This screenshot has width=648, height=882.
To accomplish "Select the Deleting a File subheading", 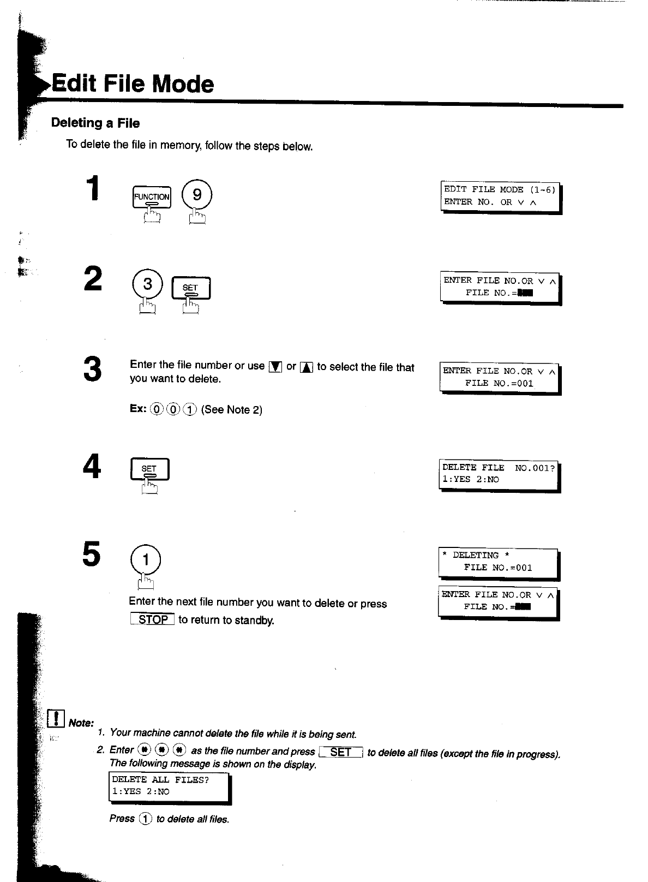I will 95,123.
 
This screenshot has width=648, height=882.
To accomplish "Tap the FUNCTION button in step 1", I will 152,197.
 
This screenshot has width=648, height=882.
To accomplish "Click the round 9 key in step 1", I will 197,195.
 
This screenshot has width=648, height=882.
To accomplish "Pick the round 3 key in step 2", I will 147,285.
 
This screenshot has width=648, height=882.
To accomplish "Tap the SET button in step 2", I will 191,288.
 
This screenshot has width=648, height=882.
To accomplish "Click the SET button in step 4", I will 149,469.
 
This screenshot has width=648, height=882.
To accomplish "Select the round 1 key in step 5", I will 146,559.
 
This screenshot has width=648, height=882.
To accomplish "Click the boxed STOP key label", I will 153,619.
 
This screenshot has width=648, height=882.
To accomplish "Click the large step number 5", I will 92,555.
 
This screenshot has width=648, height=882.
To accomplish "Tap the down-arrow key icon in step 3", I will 275,367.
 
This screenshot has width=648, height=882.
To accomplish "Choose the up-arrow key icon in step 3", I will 307,367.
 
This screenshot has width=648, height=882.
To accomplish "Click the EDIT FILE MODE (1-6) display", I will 500,196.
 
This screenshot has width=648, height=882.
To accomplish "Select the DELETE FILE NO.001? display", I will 499,474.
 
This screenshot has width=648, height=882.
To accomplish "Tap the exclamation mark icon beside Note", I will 56,719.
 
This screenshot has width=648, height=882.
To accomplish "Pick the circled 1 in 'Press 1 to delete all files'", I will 145,819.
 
